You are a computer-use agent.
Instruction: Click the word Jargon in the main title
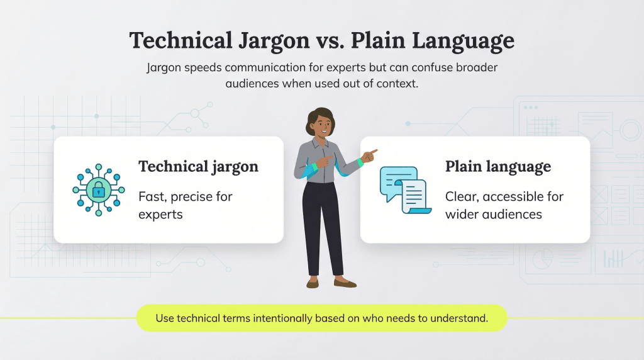pos(273,41)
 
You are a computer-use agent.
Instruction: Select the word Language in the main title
pos(464,41)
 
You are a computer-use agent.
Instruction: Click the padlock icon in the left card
pos(99,189)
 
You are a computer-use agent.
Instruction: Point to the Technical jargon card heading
pos(198,167)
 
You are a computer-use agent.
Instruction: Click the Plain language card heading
pos(497,167)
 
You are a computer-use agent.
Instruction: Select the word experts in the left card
pos(160,214)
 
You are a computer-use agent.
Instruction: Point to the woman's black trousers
pos(323,227)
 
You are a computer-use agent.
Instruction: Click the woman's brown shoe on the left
pos(313,284)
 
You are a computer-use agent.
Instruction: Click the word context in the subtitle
pos(396,83)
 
